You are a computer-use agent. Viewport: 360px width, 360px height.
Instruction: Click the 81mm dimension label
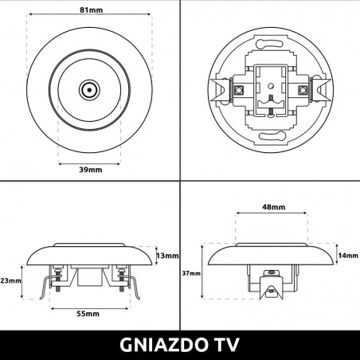90,11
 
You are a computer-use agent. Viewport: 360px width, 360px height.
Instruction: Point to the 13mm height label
168,256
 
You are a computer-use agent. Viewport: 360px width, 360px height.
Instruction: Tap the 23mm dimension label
10,280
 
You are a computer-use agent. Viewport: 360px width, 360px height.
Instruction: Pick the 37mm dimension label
191,273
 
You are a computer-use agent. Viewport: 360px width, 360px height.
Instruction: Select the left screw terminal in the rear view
237,90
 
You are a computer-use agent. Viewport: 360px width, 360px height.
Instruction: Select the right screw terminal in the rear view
303,90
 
